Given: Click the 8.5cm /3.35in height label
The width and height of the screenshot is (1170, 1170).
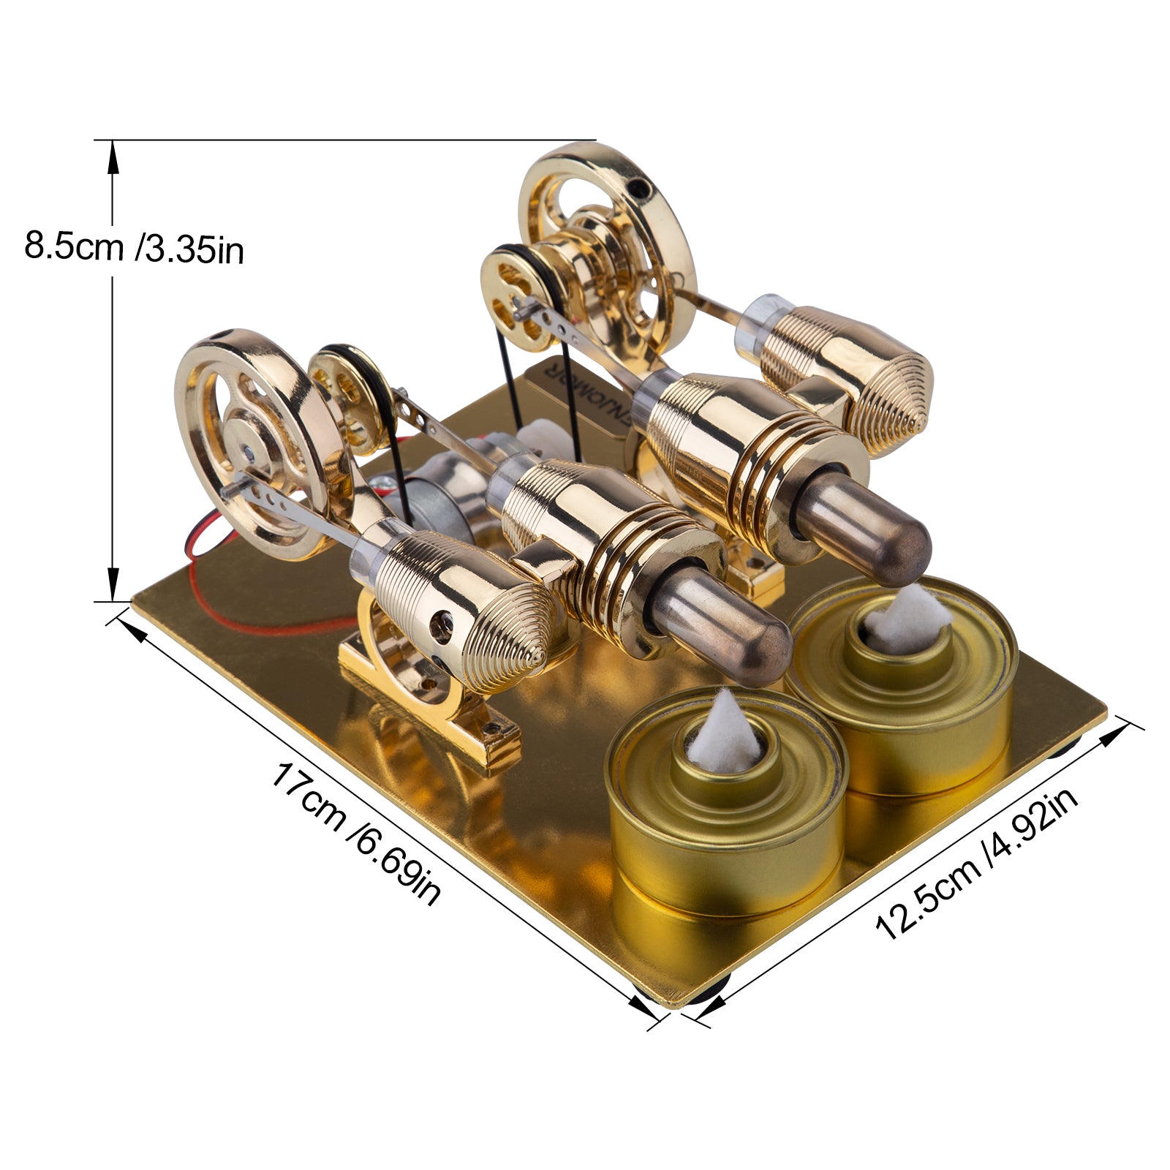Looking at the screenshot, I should [134, 247].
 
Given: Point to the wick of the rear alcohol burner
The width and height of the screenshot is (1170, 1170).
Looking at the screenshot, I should [909, 613].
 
